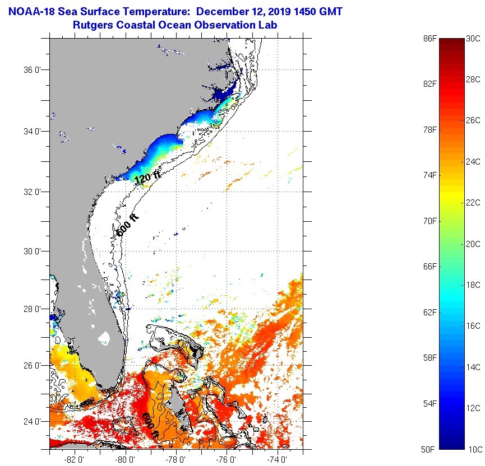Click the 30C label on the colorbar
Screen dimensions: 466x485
pyautogui.click(x=473, y=39)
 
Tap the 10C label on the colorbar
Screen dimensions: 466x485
pyautogui.click(x=473, y=449)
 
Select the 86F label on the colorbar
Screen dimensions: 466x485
pyautogui.click(x=431, y=39)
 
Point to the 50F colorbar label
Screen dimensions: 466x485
pyautogui.click(x=431, y=449)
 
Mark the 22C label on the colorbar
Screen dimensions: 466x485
pyautogui.click(x=473, y=203)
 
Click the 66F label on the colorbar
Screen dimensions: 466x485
pyautogui.click(x=431, y=267)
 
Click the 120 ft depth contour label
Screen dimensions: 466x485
pyautogui.click(x=147, y=177)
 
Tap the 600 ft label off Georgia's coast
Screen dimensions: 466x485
pyautogui.click(x=127, y=225)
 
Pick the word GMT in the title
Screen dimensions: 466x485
pyautogui.click(x=328, y=11)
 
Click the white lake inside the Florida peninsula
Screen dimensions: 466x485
pyautogui.click(x=104, y=338)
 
